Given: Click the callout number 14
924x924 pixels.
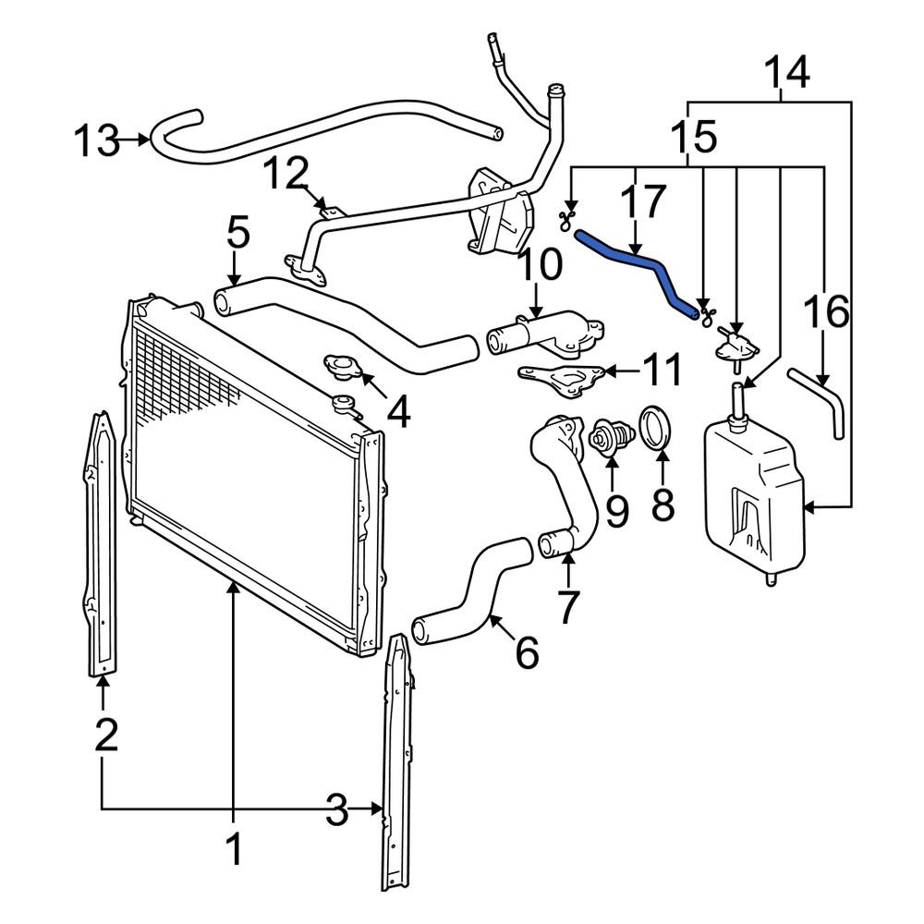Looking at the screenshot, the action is [786, 72].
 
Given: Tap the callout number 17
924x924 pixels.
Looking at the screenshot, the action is [643, 201].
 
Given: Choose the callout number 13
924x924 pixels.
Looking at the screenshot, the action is [97, 141].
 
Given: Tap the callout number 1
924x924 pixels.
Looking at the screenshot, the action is [235, 849].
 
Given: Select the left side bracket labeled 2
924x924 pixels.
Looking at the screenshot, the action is [102, 543].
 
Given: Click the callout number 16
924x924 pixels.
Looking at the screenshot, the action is [827, 311].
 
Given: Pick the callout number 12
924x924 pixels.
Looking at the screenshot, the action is [286, 175].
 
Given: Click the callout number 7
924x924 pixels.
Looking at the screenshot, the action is [567, 606].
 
